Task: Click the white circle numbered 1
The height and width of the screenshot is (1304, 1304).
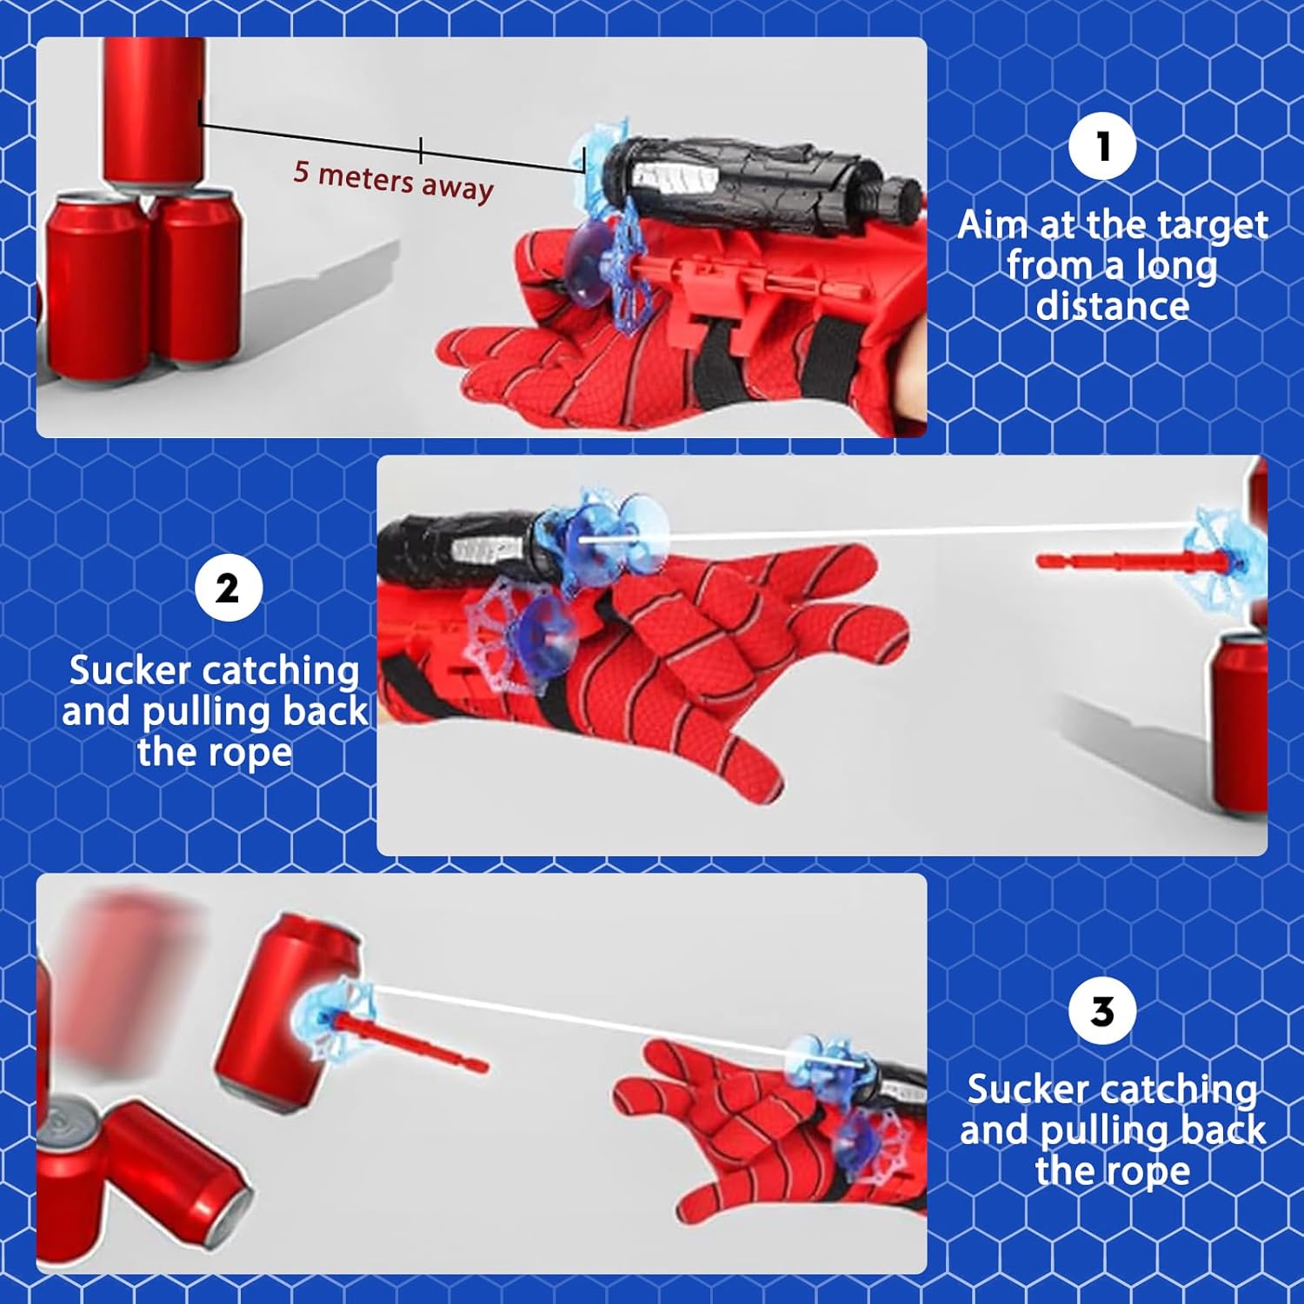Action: point(1102,146)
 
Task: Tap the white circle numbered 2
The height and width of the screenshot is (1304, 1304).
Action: point(228,589)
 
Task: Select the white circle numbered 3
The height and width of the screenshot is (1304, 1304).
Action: point(1102,1011)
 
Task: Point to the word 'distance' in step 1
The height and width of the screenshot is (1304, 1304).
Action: point(1113,306)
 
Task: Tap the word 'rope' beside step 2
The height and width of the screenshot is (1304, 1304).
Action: point(251,754)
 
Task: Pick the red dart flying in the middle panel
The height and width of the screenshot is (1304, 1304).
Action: point(1130,562)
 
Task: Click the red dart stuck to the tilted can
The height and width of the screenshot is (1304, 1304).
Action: point(404,1040)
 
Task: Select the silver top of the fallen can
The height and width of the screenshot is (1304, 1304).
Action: point(72,1129)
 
